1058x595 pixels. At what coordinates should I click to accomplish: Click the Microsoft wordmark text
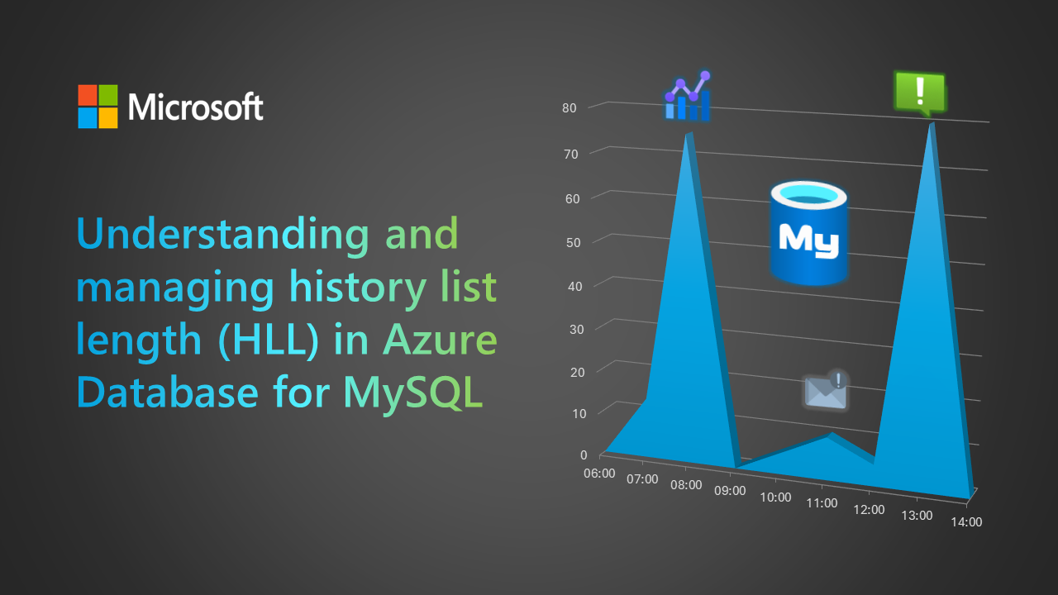click(x=196, y=107)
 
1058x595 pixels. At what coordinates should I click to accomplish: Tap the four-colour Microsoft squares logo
click(x=98, y=107)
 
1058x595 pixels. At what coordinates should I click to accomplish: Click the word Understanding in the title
click(x=222, y=234)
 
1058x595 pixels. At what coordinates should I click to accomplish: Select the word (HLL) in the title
click(x=269, y=340)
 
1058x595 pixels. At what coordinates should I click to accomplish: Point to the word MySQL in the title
click(x=412, y=393)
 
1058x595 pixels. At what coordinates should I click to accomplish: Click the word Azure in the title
click(x=440, y=339)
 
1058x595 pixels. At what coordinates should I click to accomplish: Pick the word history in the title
click(x=358, y=287)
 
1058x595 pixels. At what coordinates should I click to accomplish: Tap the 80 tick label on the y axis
click(x=570, y=108)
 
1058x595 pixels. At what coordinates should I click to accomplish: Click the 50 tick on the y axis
click(x=573, y=243)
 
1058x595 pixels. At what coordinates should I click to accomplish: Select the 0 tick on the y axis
click(x=584, y=455)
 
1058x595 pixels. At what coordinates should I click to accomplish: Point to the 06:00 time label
click(x=599, y=474)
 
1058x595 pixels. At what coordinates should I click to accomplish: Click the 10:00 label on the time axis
click(x=775, y=497)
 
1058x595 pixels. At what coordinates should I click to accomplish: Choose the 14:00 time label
click(x=966, y=521)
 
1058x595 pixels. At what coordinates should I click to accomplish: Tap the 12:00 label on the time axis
click(x=869, y=510)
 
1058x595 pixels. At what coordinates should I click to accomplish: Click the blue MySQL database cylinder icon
click(x=808, y=233)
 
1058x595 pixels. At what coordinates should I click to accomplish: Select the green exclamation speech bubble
click(x=920, y=93)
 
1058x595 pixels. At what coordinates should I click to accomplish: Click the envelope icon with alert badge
click(x=826, y=391)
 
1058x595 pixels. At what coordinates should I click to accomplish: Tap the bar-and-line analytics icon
click(x=688, y=97)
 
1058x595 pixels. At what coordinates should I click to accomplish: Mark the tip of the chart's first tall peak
click(x=689, y=133)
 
